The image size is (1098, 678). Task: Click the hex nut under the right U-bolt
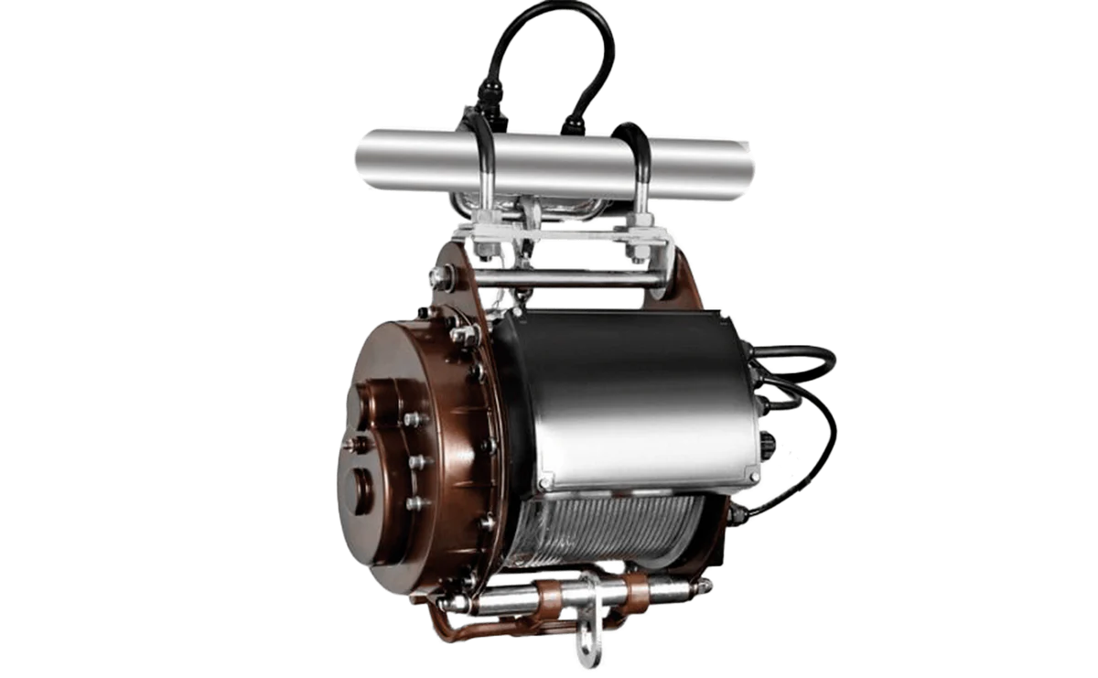click(x=638, y=247)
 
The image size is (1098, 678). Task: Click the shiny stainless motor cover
click(x=631, y=393)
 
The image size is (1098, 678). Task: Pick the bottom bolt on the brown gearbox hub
click(x=414, y=502)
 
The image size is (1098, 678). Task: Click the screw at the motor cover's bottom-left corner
click(x=546, y=482)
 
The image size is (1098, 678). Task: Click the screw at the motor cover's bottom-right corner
click(x=752, y=476)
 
